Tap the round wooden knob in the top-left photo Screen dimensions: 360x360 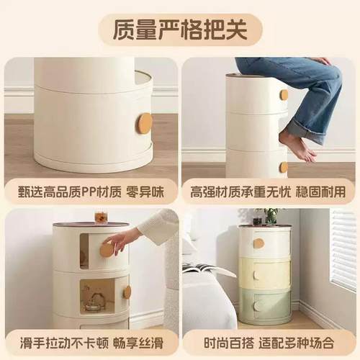145,122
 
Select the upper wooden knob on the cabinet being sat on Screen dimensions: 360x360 284,94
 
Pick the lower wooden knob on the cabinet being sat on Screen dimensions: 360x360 284,167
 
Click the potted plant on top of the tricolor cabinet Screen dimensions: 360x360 271,215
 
